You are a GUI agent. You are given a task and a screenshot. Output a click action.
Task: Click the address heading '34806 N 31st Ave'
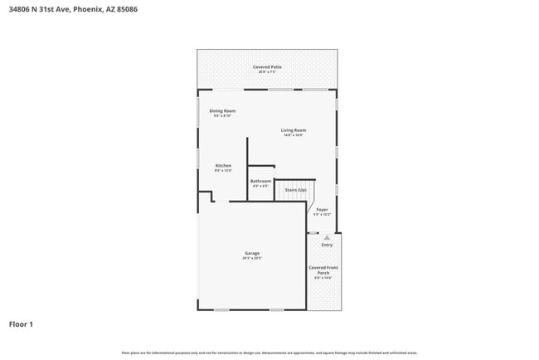click(39, 9)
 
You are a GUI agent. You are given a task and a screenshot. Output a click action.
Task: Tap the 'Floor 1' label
click(21, 324)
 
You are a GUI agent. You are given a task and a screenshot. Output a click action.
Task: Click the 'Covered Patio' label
click(266, 66)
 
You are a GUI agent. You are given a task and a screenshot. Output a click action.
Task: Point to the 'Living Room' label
click(293, 130)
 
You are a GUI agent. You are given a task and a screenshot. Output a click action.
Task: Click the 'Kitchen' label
click(223, 165)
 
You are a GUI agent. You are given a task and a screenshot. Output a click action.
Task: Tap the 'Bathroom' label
click(260, 181)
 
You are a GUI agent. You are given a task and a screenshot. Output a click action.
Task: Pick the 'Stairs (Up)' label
click(295, 190)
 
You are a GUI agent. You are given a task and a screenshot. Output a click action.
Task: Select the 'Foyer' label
click(323, 209)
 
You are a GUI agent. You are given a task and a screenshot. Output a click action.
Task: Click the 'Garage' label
click(252, 253)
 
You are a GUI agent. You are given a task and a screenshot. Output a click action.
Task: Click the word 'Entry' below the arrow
click(327, 245)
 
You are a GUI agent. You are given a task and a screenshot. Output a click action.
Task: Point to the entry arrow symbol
click(327, 237)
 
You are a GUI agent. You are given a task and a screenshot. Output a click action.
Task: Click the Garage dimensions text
click(252, 258)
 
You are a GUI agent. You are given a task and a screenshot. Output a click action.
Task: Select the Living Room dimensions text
click(293, 135)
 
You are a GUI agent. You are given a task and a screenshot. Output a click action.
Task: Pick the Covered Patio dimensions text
click(266, 72)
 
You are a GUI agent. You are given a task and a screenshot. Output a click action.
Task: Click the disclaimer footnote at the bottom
click(269, 353)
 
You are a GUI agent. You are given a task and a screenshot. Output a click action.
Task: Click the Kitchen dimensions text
click(223, 170)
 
